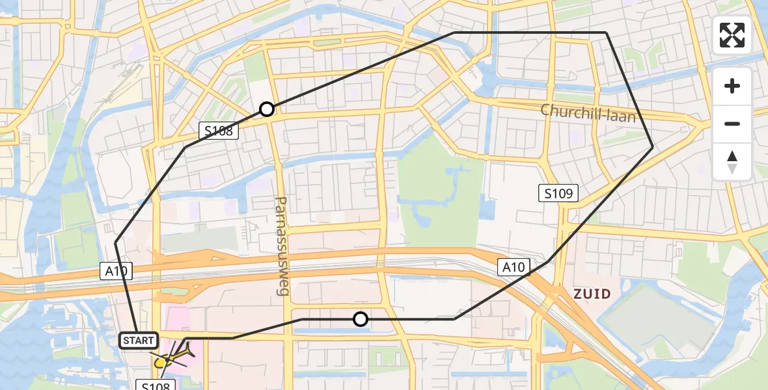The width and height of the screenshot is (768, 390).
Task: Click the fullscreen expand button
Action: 732,35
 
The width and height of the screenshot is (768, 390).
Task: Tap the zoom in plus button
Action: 732,86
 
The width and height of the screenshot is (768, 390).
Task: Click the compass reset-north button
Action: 732,161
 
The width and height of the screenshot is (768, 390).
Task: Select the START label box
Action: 139,340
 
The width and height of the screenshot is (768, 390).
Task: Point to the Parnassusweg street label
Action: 282,246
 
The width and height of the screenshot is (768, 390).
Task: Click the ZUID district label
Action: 592,294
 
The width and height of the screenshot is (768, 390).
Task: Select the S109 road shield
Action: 558,192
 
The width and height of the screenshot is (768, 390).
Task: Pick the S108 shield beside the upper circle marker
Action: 219,131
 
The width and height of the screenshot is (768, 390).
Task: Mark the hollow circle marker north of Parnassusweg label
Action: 266,109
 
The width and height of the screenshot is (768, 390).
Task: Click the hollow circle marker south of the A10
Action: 360,319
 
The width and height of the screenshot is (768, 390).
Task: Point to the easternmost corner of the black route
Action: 653,148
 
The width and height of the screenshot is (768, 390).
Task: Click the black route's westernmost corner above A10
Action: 116,242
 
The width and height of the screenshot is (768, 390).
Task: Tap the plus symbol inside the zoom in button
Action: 732,86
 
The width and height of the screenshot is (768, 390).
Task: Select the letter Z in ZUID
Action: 577,294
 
